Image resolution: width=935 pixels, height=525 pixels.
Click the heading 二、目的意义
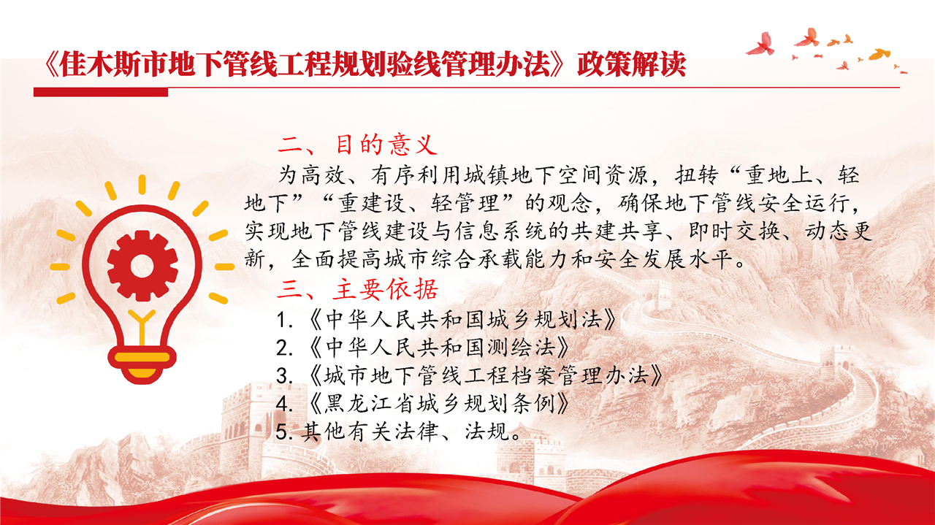pyautogui.click(x=357, y=145)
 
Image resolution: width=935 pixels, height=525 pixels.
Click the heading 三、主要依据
pyautogui.click(x=357, y=289)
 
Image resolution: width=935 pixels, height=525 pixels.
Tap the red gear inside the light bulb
pyautogui.click(x=142, y=266)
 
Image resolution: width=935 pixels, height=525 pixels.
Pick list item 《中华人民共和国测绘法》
pyautogui.click(x=439, y=348)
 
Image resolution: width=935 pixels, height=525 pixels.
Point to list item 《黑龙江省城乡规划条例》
pyautogui.click(x=439, y=403)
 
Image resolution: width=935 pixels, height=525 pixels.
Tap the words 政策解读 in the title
pyautogui.click(x=632, y=64)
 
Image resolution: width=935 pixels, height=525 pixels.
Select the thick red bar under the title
pyautogui.click(x=101, y=92)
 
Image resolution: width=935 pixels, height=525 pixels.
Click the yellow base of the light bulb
pyautogui.click(x=142, y=364)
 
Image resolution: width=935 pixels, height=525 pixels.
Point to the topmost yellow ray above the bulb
pyautogui.click(x=142, y=185)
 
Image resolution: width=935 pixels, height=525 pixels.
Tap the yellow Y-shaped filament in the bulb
pyautogui.click(x=142, y=328)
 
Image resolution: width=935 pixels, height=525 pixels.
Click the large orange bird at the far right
pyautogui.click(x=879, y=54)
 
